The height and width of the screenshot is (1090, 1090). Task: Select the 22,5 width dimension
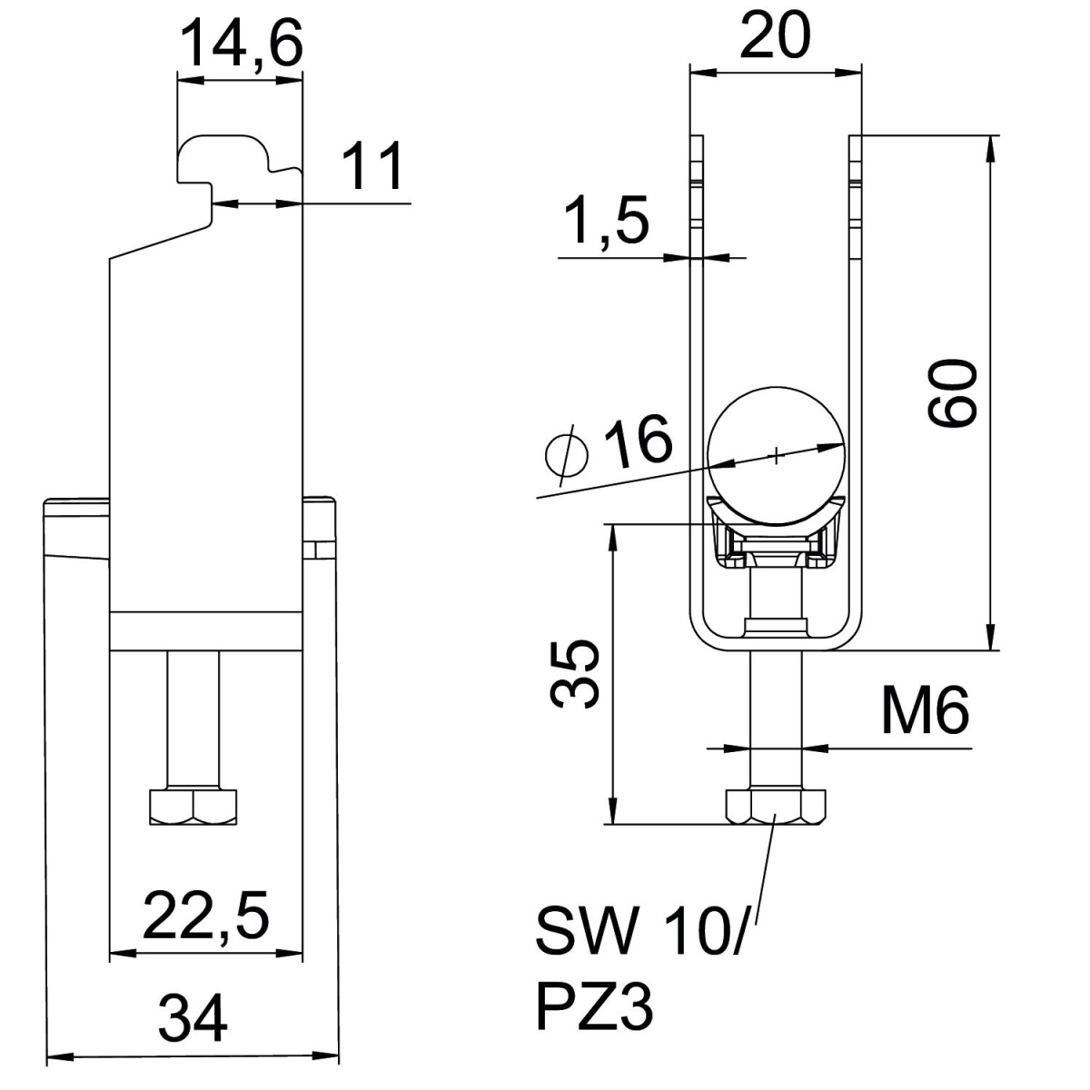[205, 916]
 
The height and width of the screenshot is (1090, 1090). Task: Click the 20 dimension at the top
[775, 35]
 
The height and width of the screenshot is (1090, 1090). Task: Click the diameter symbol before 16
[568, 454]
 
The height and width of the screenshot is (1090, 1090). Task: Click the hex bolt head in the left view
[193, 806]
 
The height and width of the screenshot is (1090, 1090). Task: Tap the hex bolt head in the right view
[775, 806]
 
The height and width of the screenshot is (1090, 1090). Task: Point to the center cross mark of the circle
[777, 455]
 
